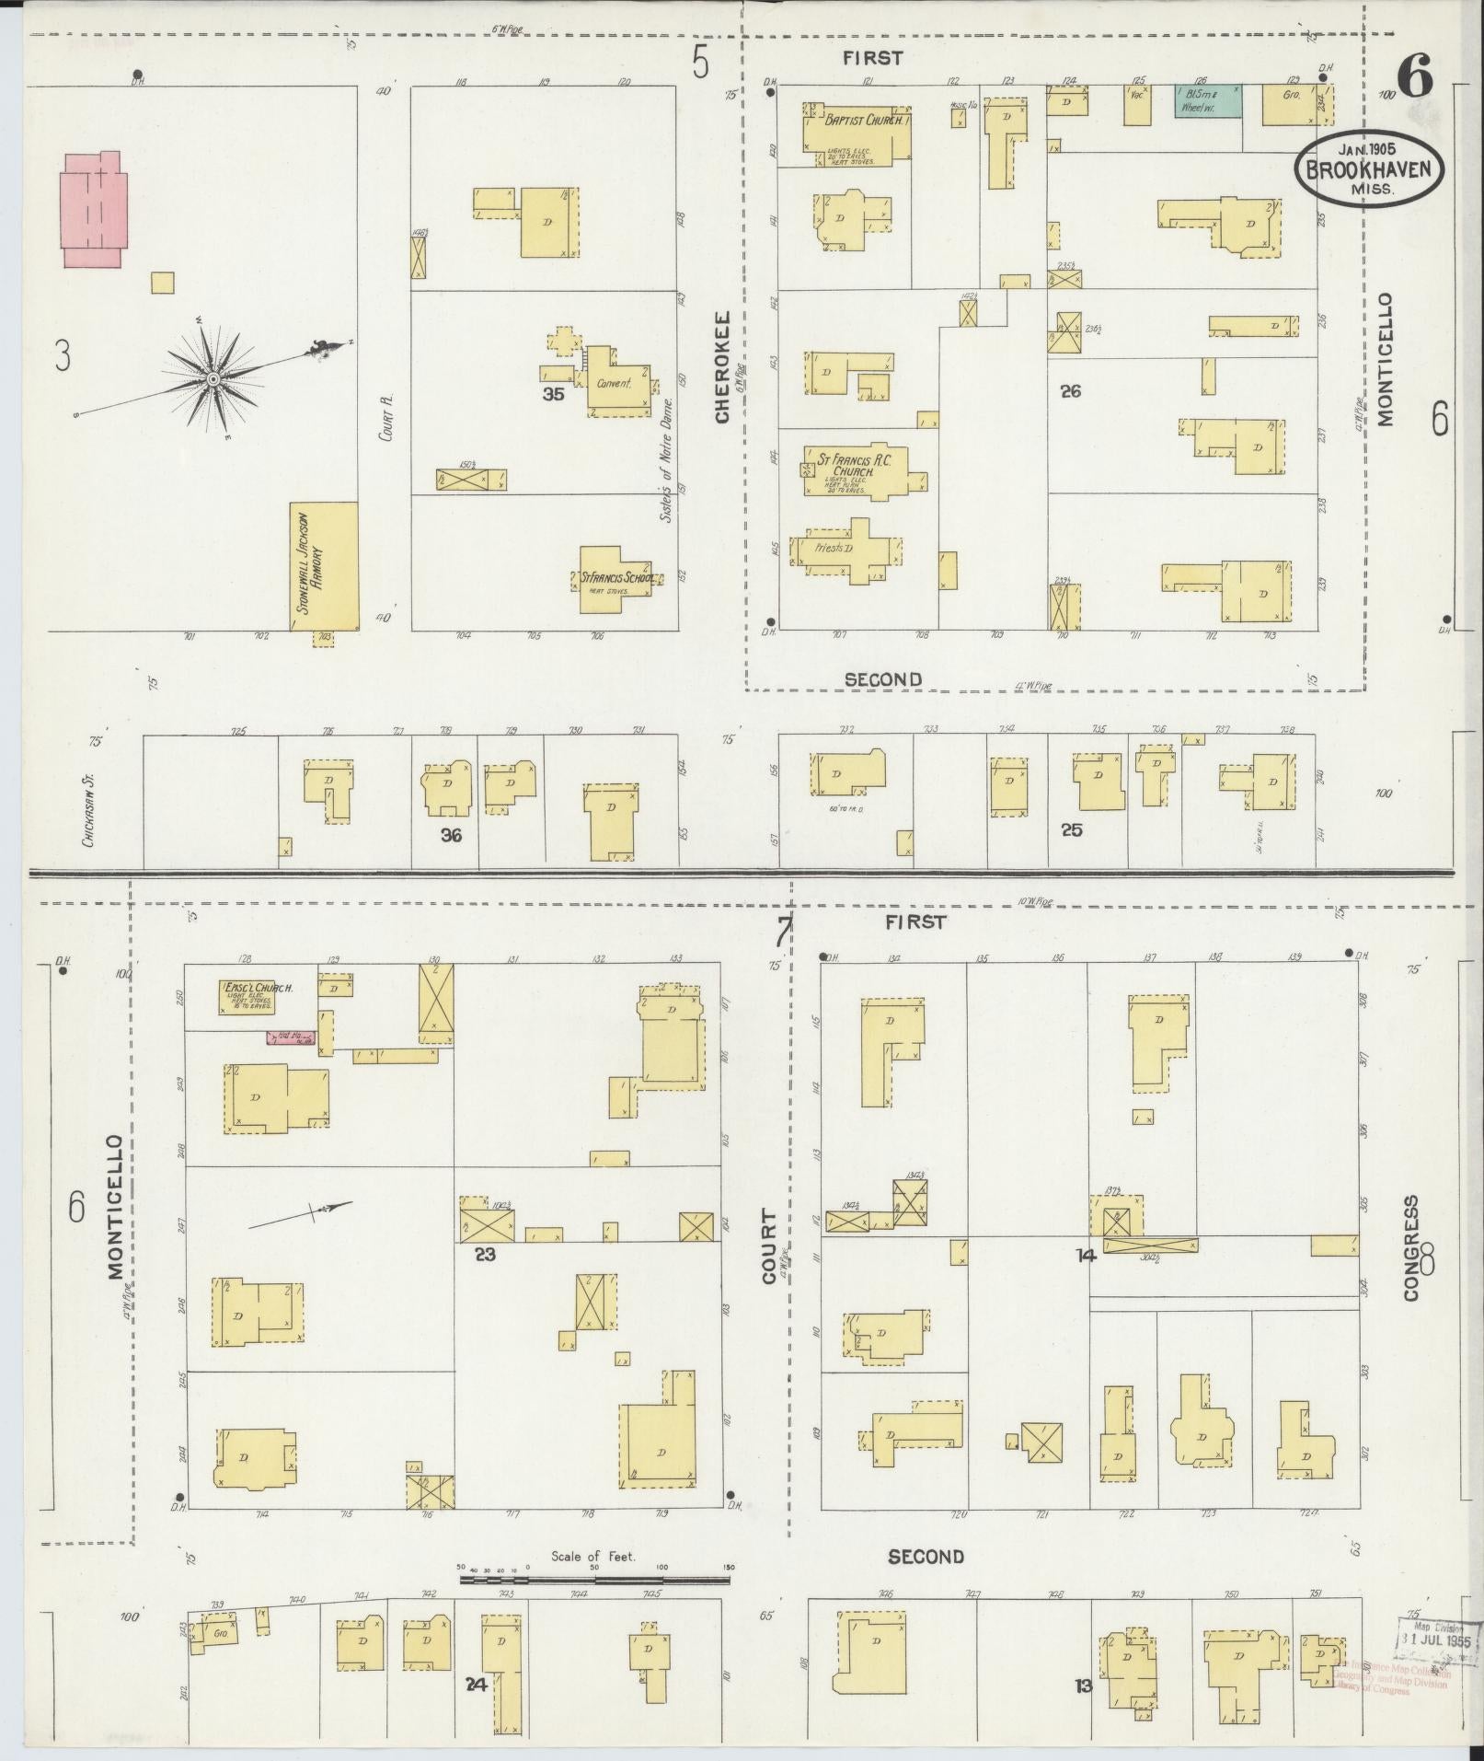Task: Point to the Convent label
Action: tap(614, 384)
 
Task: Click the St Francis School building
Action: tap(616, 579)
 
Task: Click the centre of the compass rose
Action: tap(213, 379)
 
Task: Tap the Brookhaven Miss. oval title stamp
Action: tap(1369, 168)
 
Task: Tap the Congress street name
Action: tap(1411, 1248)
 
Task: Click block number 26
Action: tap(1069, 391)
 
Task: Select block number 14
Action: tap(1086, 1255)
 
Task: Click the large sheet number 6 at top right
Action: tap(1415, 76)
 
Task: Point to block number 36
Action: tap(451, 835)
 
